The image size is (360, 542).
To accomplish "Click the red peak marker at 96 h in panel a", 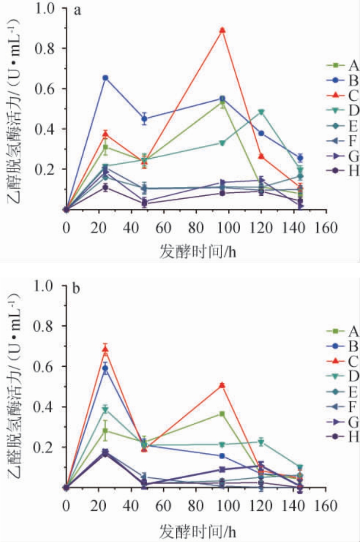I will [x=223, y=30].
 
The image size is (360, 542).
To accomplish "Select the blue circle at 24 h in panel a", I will [x=105, y=78].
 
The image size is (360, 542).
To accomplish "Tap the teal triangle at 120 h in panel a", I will [x=262, y=112].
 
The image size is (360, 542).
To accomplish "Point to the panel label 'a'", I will [x=77, y=12].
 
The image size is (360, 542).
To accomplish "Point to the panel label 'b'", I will [x=76, y=289].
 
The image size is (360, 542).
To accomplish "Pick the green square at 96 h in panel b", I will [x=222, y=414].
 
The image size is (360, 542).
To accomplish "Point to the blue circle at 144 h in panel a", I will [x=301, y=158].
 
